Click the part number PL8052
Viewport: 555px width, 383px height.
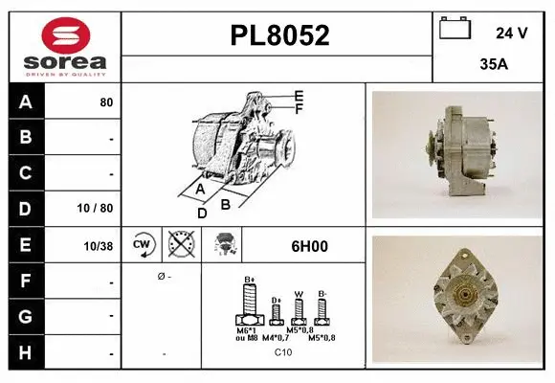(x=279, y=36)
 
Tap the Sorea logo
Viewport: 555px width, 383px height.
(x=61, y=46)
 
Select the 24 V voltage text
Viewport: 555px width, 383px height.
(x=512, y=33)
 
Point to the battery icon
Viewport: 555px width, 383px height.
(x=455, y=30)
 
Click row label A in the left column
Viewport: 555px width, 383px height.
(x=24, y=101)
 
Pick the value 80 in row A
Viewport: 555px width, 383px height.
(x=106, y=102)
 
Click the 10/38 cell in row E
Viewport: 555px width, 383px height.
(x=100, y=246)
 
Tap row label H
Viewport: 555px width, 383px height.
(x=24, y=353)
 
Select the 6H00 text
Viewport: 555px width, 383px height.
(x=309, y=246)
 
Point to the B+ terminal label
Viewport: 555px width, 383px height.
(x=250, y=280)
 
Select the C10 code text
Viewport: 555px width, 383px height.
(x=283, y=352)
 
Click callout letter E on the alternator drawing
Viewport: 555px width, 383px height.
(x=299, y=96)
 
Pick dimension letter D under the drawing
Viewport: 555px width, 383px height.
(x=202, y=213)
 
